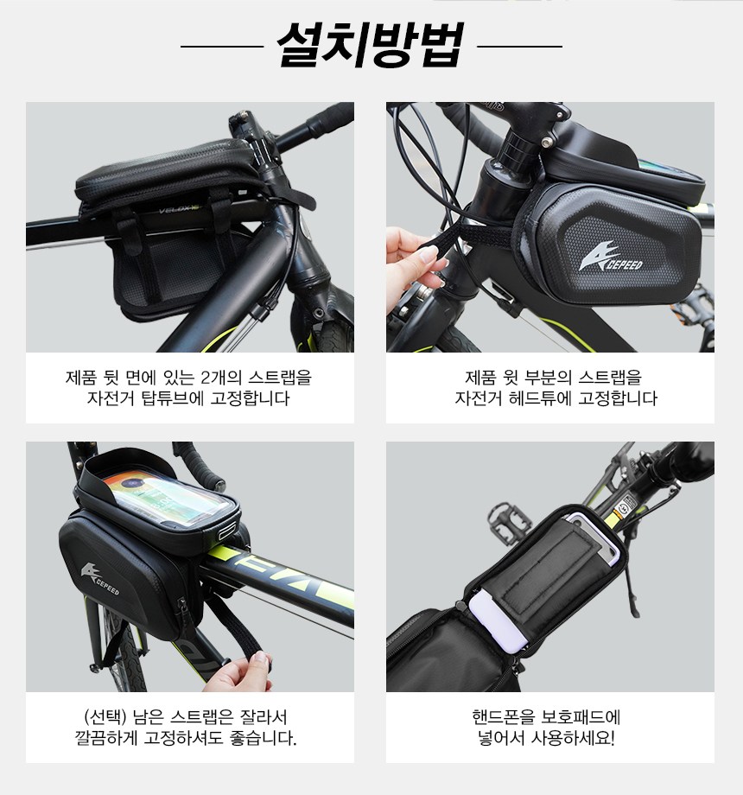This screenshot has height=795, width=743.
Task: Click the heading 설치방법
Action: click(x=371, y=45)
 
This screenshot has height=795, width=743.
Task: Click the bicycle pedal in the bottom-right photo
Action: click(x=510, y=522)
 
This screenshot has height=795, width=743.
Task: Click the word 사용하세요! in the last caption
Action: click(x=572, y=738)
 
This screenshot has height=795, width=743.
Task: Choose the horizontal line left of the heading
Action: click(x=222, y=46)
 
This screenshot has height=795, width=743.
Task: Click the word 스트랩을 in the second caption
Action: click(x=610, y=378)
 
